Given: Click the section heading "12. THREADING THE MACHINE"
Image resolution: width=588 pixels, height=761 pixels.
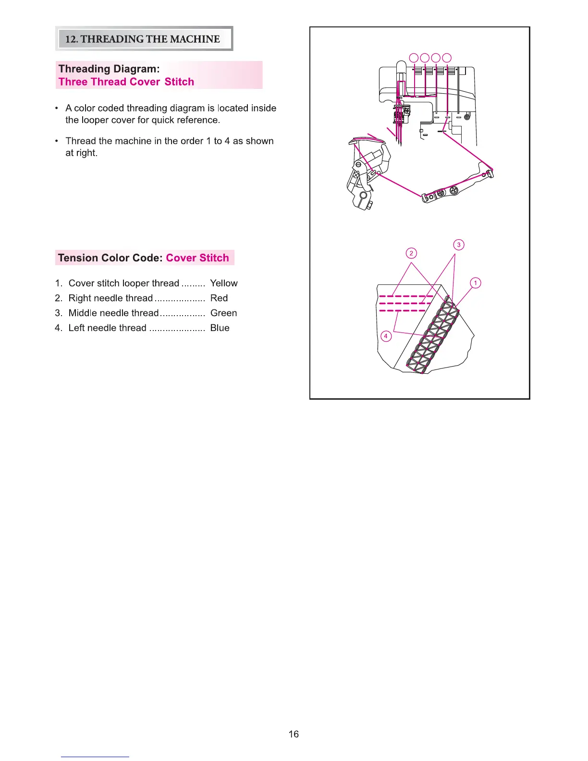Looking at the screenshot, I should coord(143,39).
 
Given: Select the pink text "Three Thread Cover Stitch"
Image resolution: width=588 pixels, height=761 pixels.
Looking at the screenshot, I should coord(126,82).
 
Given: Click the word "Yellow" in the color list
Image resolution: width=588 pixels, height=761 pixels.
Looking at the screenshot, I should coord(224,283).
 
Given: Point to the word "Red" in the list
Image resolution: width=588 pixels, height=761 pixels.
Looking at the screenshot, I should coord(219,298).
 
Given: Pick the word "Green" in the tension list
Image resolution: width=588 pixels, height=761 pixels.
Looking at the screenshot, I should coord(224,313).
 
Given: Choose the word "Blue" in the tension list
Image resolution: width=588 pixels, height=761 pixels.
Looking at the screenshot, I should coord(220,328).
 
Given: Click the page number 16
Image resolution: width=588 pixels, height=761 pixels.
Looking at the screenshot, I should coord(294,734).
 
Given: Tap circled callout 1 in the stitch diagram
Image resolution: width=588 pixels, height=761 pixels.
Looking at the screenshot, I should coord(476,283).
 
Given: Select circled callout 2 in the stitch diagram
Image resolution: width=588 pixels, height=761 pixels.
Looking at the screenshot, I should coord(411,253).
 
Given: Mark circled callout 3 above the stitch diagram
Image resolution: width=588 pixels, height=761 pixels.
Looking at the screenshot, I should coord(459,245).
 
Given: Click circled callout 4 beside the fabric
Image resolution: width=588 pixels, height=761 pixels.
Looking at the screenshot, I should coord(386,336).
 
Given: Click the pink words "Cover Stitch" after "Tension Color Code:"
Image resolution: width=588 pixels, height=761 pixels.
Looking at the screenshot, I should coord(197,258).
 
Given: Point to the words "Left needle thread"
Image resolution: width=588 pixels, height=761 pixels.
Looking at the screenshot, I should coord(108,328).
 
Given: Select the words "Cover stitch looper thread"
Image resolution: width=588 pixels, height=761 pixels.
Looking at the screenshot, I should coord(124,283).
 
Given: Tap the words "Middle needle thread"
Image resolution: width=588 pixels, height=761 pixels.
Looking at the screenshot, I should coord(113,313).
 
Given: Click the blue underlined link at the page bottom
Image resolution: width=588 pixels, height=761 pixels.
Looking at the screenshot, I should coord(95,757).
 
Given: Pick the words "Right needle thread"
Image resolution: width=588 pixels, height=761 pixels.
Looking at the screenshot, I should coord(110,298).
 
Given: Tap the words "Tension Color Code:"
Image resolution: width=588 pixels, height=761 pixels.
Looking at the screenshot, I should coord(110,258).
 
